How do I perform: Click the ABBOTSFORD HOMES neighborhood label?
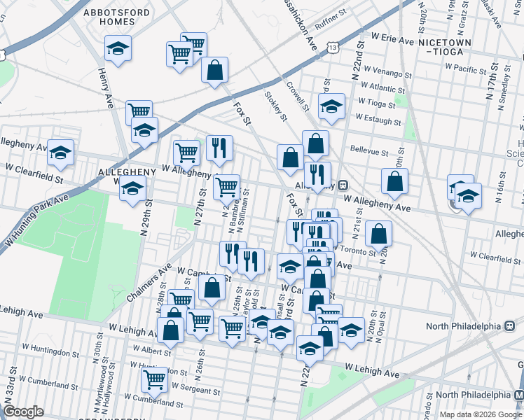coord(108,17)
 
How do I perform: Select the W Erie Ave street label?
coord(393,41)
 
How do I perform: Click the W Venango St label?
coord(381,72)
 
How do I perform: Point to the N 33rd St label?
coord(11,387)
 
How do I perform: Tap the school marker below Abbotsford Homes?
coord(117,48)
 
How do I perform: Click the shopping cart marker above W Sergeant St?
coord(154,379)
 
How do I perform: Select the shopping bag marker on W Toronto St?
coord(378,234)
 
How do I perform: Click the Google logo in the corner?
coord(23,412)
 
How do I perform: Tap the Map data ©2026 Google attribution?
coord(481,414)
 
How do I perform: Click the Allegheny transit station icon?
coord(343,185)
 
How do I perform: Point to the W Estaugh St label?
coord(378,120)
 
